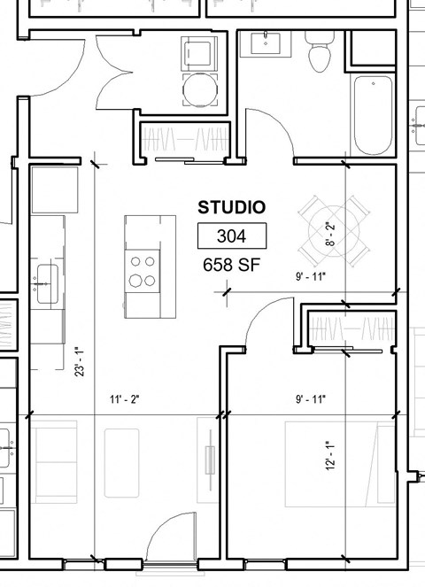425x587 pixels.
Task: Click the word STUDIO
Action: click(231, 208)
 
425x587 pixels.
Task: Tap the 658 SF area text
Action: click(231, 264)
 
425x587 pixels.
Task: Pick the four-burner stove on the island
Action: click(142, 271)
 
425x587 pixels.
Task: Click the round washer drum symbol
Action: click(197, 88)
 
